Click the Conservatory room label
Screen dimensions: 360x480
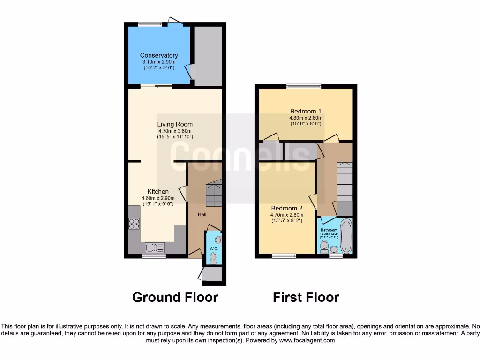tap(159, 55)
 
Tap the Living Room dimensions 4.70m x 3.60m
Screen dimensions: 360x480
tap(175, 131)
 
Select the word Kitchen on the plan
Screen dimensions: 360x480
tap(158, 191)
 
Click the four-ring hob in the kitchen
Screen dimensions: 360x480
tap(134, 224)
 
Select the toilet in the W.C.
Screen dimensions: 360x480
tap(214, 257)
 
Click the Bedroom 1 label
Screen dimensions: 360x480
tap(306, 111)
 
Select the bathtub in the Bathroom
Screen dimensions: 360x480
tap(345, 235)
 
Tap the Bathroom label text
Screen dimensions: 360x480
tap(329, 230)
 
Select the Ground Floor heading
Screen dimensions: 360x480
tap(175, 297)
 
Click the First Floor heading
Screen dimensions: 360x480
tap(306, 297)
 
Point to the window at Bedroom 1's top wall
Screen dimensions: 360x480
tap(304, 86)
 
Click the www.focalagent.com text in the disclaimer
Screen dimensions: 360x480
tap(307, 340)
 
